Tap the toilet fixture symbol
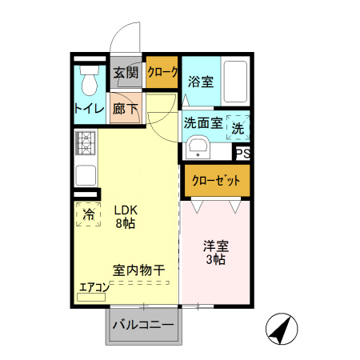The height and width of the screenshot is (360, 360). (x=88, y=80)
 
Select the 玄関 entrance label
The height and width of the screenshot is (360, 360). (x=126, y=73)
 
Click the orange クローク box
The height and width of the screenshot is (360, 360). (x=162, y=73)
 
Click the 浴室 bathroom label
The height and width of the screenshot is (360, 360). (x=200, y=81)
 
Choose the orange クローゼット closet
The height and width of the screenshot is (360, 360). (x=215, y=181)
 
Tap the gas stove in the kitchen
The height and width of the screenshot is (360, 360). (x=86, y=143)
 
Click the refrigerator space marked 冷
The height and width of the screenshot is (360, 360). (x=89, y=214)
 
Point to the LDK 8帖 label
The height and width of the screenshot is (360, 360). (x=124, y=217)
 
